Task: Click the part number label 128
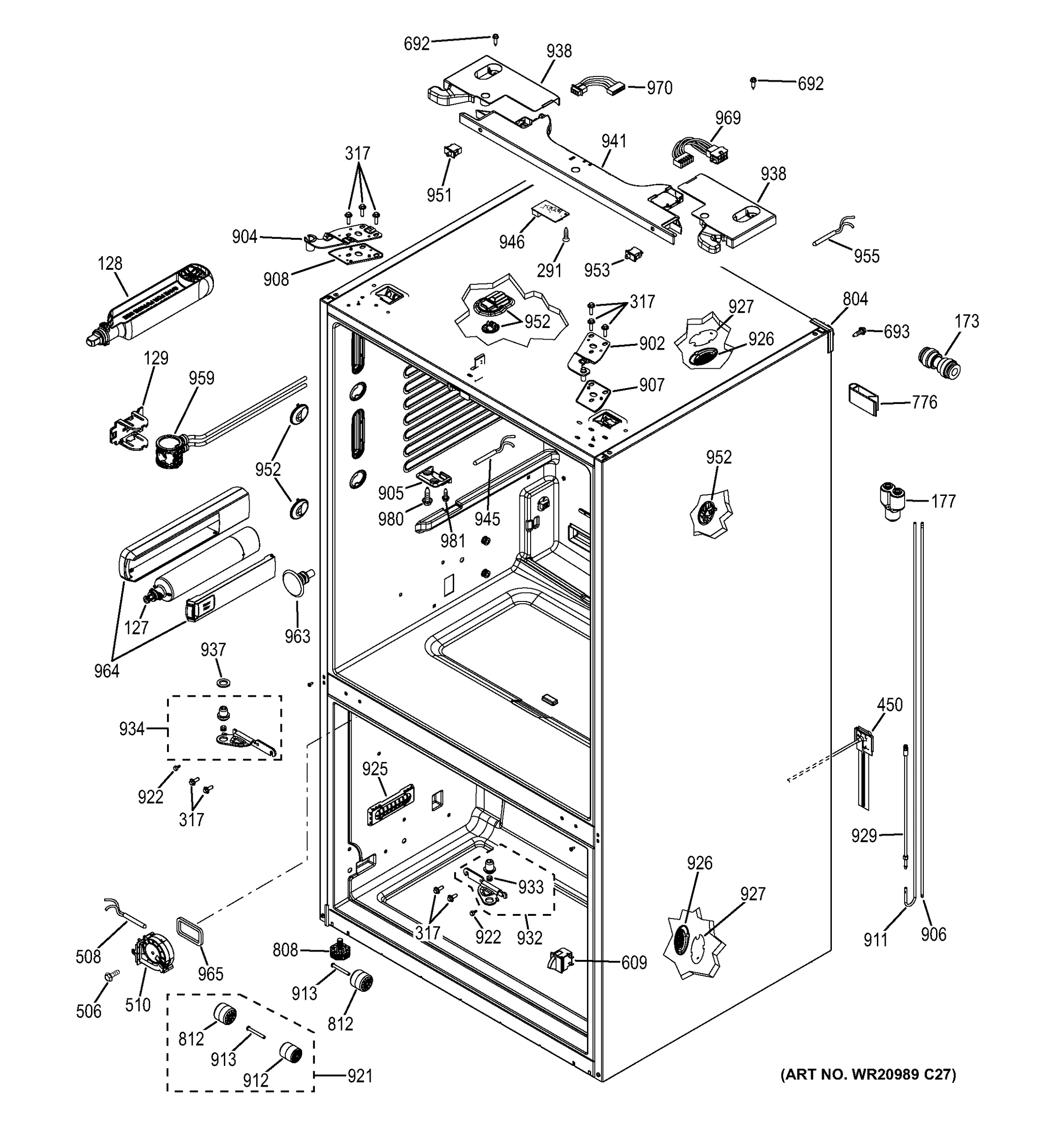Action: point(110,263)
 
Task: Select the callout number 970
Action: point(659,88)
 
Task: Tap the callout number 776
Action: point(924,402)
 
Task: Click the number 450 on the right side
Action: point(889,705)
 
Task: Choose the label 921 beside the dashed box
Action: point(360,1076)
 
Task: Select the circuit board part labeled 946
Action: point(549,211)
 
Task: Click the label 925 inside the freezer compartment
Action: point(374,768)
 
